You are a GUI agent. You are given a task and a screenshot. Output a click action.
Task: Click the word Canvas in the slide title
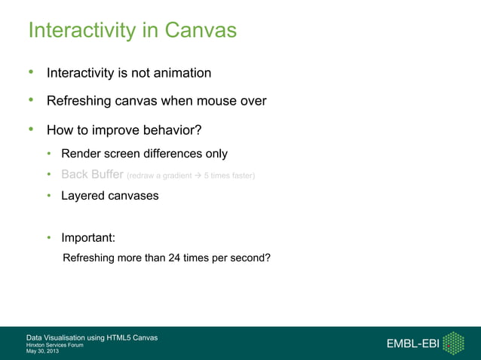[201, 31]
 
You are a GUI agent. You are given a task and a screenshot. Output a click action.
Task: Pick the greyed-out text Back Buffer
[91, 175]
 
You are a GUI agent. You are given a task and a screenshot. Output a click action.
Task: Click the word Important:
[87, 238]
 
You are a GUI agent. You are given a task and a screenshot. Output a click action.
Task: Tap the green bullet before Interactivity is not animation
[32, 73]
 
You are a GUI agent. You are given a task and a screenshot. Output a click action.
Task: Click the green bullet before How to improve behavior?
[32, 130]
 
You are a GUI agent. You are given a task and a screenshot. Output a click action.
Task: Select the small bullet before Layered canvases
[48, 196]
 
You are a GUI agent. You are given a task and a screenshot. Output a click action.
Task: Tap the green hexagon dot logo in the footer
[453, 343]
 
